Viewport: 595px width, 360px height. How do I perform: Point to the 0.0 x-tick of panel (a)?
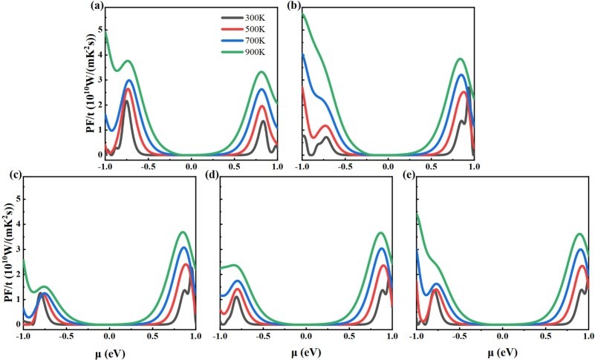coord(191,167)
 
